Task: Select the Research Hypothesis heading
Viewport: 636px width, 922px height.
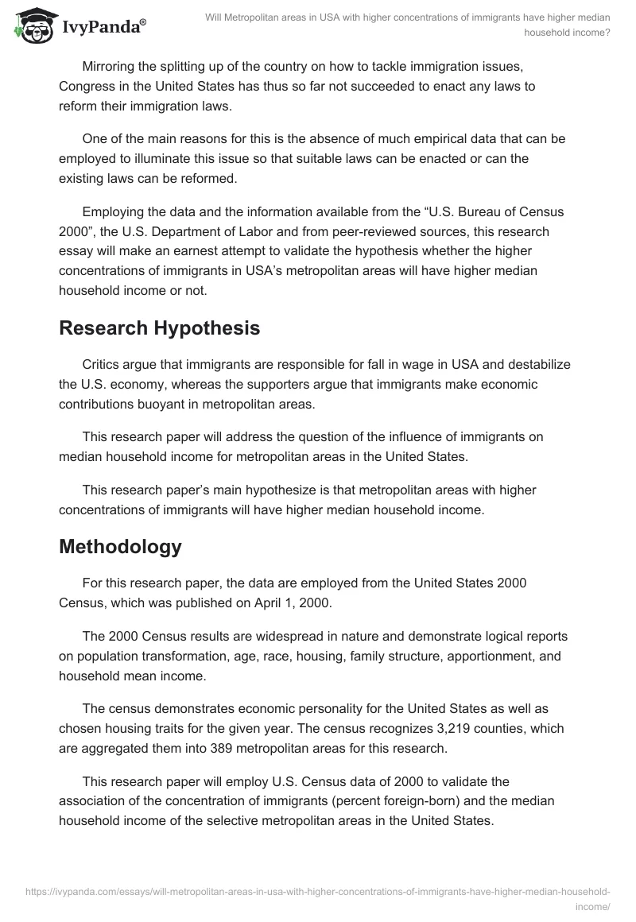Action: point(159,328)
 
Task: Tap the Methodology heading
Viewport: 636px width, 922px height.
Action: point(120,547)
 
